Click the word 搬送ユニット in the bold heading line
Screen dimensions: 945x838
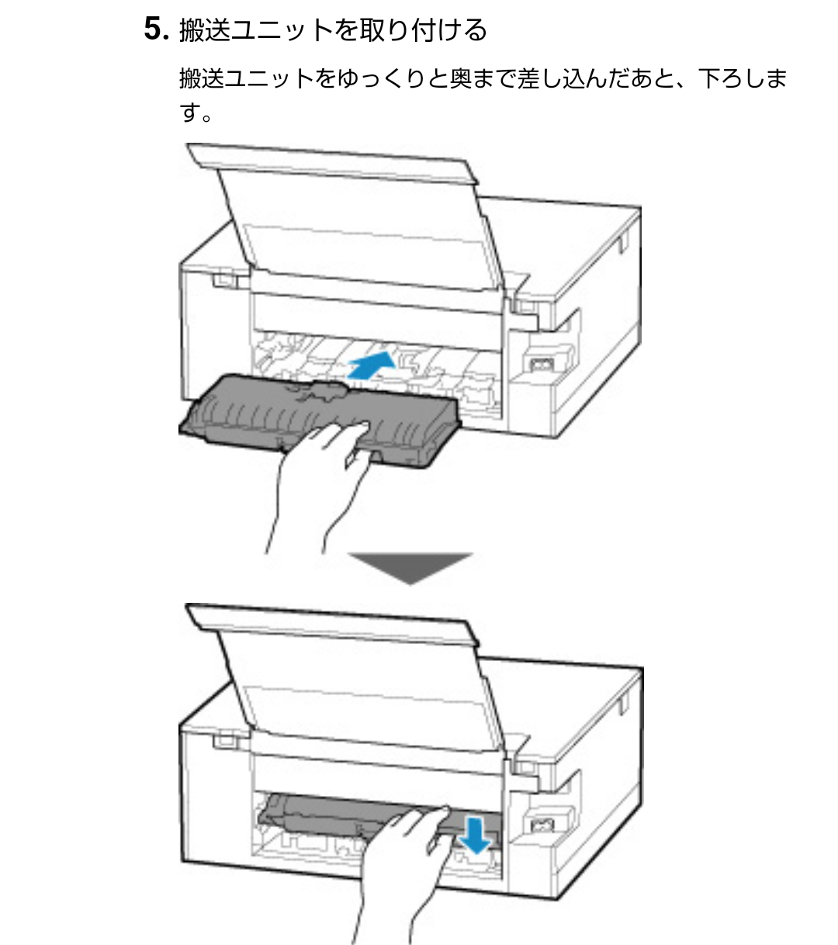point(257,31)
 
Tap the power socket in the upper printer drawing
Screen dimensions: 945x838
point(537,364)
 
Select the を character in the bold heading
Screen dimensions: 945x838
point(348,31)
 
